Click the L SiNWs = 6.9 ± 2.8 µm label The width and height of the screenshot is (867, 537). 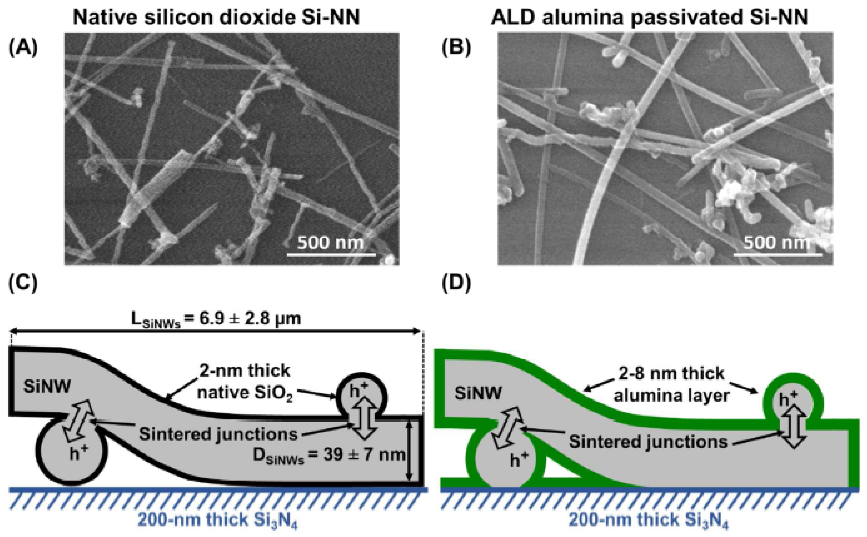[216, 319]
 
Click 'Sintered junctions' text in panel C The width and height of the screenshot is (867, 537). [218, 434]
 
